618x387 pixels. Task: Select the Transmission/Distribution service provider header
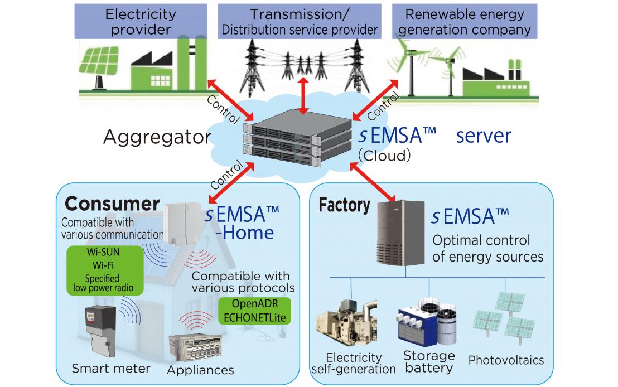(300, 22)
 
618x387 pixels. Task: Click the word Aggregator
(153, 137)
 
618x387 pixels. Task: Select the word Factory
(344, 205)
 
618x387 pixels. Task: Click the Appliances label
(200, 370)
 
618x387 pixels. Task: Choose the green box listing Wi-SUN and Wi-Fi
(103, 269)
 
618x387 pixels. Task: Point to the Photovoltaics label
(506, 360)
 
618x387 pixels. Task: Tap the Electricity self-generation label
(354, 363)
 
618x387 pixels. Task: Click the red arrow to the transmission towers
(302, 94)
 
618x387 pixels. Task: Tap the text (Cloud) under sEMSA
(384, 156)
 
